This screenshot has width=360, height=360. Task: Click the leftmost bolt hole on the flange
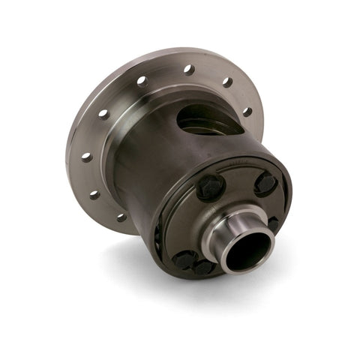click(87, 157)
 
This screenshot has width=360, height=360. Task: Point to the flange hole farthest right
click(247, 112)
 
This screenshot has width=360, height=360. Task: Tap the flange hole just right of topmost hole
click(226, 82)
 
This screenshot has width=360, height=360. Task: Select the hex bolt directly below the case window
click(211, 187)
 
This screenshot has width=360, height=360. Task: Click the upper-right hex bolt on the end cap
click(264, 182)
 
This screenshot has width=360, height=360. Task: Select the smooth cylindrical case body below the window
click(150, 172)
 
